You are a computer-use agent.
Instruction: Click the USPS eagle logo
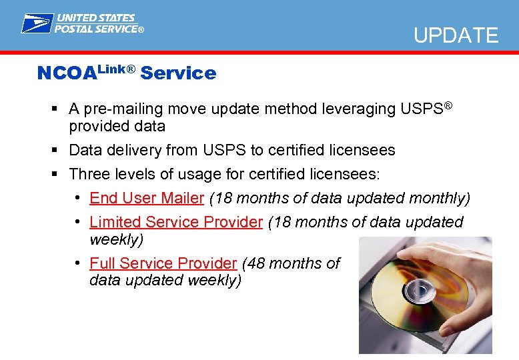coord(37,23)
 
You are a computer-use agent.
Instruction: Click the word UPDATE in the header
coord(456,35)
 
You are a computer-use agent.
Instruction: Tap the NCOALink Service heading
coord(127,73)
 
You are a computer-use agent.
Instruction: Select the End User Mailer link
coord(146,198)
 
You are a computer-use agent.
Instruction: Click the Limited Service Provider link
coord(176,222)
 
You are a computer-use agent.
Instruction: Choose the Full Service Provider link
coord(163,263)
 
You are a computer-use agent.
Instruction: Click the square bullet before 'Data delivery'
coord(55,151)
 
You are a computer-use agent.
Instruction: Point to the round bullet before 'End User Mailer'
coord(79,198)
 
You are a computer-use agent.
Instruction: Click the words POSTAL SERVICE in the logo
coord(99,29)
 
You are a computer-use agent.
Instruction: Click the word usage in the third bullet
coord(190,174)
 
